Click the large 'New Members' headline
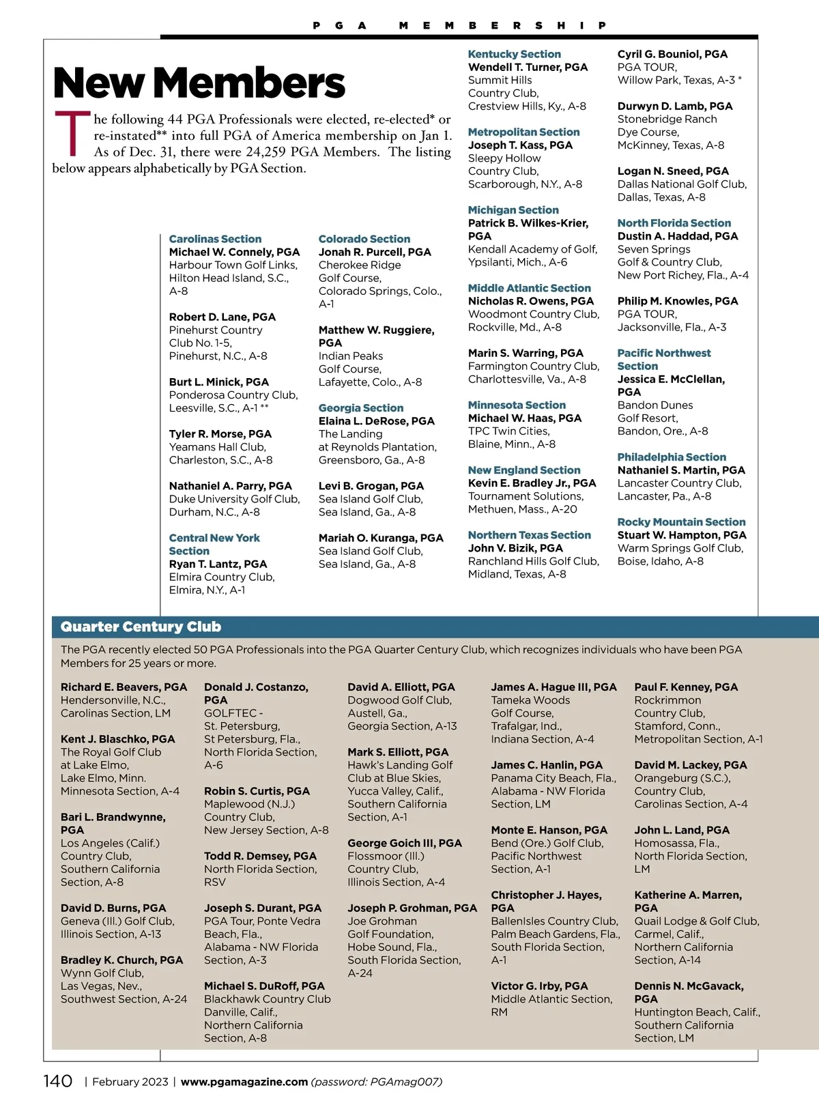click(x=199, y=83)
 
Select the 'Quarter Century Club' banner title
click(x=141, y=627)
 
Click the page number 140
click(x=58, y=1081)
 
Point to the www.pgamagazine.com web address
click(x=244, y=1082)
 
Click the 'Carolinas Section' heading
click(x=215, y=239)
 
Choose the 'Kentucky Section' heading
click(x=514, y=54)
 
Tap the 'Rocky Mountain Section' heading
click(x=681, y=522)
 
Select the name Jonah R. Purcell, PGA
click(x=375, y=252)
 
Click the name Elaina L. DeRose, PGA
click(x=376, y=421)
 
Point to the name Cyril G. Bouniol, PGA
click(x=672, y=54)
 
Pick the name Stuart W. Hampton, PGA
click(x=682, y=535)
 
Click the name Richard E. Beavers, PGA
click(x=124, y=687)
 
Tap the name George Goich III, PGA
click(x=405, y=843)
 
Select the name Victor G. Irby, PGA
click(x=539, y=986)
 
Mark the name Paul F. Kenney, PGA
click(x=686, y=687)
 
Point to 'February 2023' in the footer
click(x=130, y=1082)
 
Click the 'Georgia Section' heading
click(x=360, y=408)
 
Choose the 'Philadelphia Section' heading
click(x=672, y=457)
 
